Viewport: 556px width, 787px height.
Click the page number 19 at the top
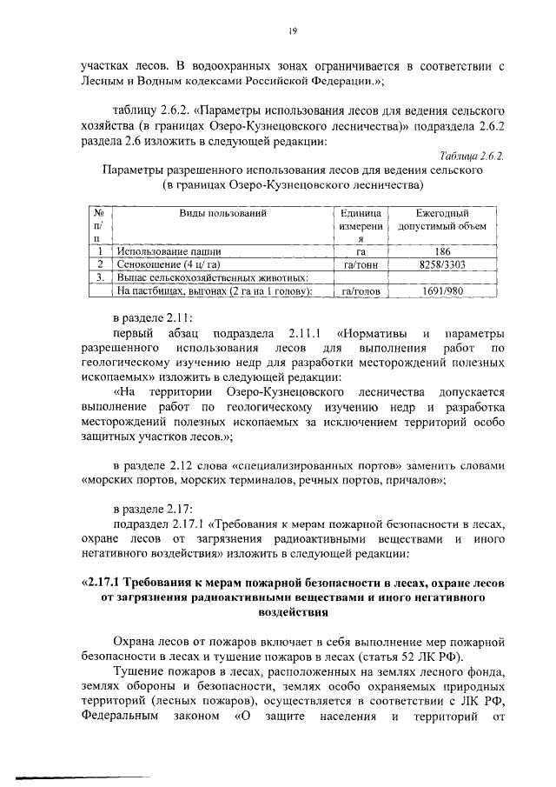[x=295, y=31]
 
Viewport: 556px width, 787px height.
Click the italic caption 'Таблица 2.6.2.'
[x=470, y=156]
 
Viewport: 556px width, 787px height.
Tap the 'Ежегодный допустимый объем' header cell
[x=442, y=219]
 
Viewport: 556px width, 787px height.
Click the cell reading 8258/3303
[x=442, y=263]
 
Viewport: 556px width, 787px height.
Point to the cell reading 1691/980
[x=442, y=292]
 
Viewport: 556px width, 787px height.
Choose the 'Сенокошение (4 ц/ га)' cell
[x=169, y=263]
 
